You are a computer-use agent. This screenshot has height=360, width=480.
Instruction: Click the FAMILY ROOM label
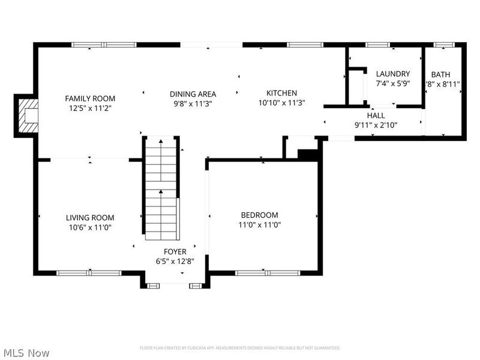pos(90,98)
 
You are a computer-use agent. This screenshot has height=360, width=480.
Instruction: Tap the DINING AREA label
pos(193,94)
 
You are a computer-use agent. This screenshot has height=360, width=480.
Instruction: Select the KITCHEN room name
pos(281,93)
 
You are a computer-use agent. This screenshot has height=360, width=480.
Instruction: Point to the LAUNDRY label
pos(393,74)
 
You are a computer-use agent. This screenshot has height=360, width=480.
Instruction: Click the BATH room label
pos(443,74)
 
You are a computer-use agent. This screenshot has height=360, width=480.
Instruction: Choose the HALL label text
pos(376,115)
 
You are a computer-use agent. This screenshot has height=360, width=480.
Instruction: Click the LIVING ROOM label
pos(90,218)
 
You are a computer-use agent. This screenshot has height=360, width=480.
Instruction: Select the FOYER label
pos(175,251)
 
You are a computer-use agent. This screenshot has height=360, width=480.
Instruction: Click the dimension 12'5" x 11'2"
pos(90,108)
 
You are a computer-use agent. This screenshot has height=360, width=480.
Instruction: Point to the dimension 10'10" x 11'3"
pos(281,103)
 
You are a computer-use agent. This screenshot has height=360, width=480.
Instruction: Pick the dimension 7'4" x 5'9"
pos(393,84)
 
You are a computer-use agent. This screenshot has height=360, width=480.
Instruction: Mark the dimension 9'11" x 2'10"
pos(376,125)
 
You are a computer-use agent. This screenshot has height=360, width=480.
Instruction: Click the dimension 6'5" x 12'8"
pos(175,261)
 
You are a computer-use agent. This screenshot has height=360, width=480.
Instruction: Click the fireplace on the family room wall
pos(28,115)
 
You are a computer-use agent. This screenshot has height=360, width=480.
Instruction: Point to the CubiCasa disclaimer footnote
pos(240,348)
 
